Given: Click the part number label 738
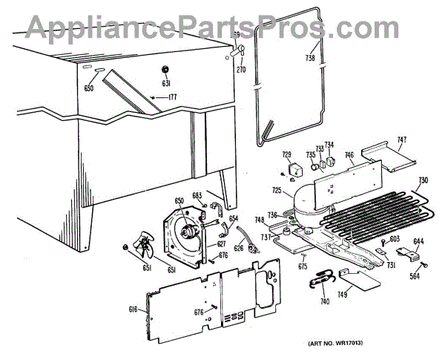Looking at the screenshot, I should click(310, 59).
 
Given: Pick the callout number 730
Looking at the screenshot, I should click(423, 180).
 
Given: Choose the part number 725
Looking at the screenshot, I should click(277, 192).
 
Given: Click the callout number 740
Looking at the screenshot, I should click(325, 301).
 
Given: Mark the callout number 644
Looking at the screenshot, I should click(419, 241).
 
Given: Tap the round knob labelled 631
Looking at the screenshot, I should click(166, 69).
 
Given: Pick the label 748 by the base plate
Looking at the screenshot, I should click(260, 220).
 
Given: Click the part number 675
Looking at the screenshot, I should click(303, 266).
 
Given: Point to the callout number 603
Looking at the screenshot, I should click(395, 238).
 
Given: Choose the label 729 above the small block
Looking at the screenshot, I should click(286, 154).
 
